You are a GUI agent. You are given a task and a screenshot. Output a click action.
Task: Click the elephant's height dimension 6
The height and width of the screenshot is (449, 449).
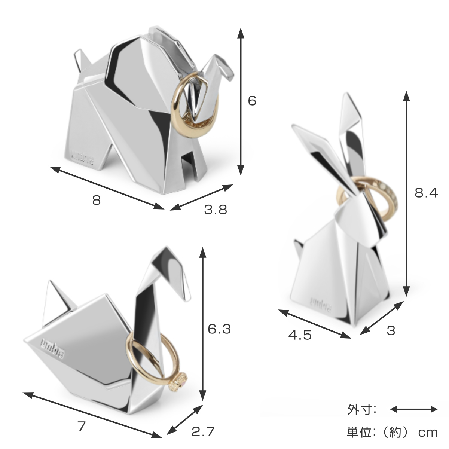252,101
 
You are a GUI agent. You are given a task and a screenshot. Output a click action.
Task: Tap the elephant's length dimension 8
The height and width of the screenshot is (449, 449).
97,201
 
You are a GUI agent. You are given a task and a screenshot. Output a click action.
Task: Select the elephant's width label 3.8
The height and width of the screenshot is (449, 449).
216,210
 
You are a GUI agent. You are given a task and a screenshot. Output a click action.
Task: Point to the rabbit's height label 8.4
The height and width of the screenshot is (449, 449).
426,193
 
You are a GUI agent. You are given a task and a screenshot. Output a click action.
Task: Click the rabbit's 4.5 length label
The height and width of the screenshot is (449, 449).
300,335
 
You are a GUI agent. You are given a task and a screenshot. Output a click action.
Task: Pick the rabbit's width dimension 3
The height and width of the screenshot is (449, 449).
391,331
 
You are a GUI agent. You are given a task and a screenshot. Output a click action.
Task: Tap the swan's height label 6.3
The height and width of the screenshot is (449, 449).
219,329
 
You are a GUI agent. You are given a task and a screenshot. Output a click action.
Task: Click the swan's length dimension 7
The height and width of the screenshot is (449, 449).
82,426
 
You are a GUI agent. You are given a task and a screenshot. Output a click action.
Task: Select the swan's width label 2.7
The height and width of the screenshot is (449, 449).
203,431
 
